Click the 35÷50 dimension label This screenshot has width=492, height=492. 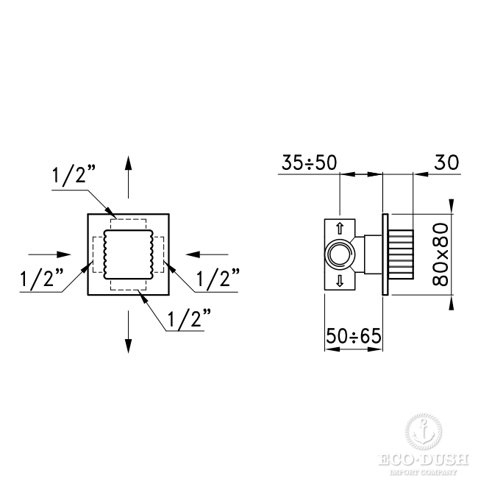tap(309, 163)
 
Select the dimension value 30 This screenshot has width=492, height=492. tap(446, 163)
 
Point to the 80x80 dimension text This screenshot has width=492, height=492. tap(441, 254)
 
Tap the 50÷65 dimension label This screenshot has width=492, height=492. tap(354, 336)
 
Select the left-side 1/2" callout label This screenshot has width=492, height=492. tap(42, 278)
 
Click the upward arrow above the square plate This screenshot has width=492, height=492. tap(128, 177)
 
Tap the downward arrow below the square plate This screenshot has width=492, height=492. tap(128, 332)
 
